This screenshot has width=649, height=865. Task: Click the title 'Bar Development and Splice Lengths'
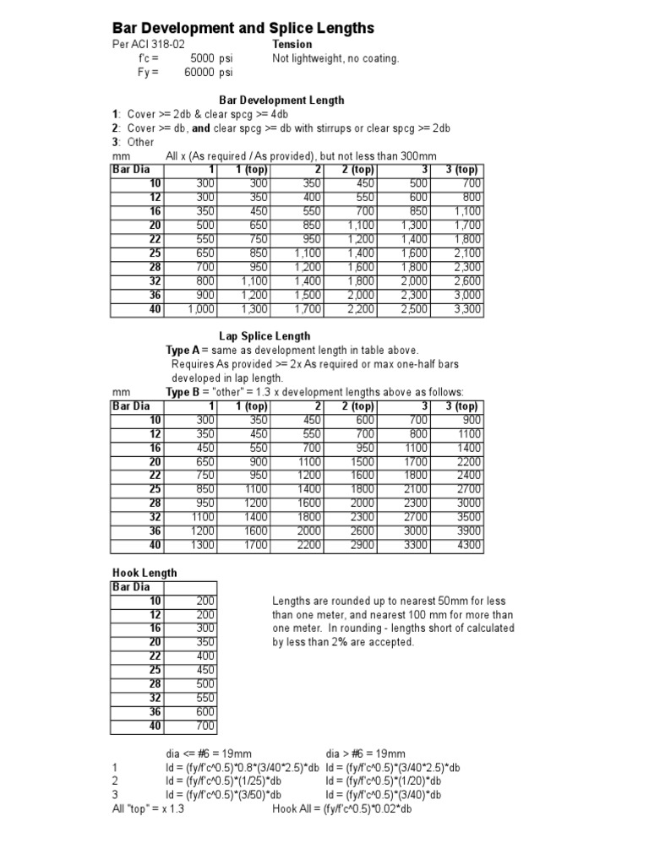243,28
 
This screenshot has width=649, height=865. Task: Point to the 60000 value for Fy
200,73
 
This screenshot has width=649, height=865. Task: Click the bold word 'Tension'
292,44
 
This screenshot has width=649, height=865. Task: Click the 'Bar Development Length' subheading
281,100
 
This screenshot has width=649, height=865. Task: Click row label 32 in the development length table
155,280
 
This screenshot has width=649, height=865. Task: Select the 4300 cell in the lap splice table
467,546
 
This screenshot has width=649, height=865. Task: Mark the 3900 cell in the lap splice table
467,531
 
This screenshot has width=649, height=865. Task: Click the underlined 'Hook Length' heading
145,573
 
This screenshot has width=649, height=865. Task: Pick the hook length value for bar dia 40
205,726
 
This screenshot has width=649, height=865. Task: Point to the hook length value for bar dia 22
205,656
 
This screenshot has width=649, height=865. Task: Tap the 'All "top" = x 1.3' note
148,808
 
